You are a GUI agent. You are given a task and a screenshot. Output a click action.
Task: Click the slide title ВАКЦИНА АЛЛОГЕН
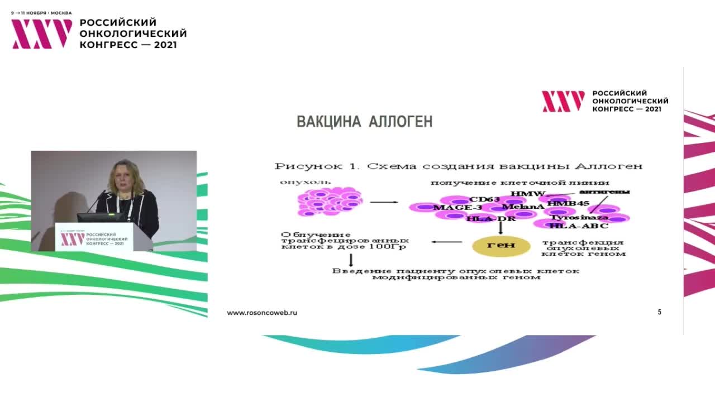[365, 122]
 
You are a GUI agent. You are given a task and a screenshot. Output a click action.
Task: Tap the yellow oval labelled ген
[500, 245]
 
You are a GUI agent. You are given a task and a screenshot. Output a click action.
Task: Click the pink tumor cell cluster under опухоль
[330, 202]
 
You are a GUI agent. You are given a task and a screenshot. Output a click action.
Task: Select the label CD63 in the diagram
[484, 199]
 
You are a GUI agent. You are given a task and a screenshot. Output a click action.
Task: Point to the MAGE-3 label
[457, 208]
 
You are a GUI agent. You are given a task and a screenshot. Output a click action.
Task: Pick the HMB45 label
[568, 204]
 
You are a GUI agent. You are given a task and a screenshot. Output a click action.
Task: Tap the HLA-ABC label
[578, 226]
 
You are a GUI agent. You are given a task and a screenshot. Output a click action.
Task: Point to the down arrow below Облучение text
[351, 260]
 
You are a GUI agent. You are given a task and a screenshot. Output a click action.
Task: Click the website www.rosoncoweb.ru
[262, 313]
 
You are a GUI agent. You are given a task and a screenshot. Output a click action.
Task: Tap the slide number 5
[660, 312]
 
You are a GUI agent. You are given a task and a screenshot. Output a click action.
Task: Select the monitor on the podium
[101, 217]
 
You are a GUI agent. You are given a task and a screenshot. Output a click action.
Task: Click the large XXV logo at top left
[42, 33]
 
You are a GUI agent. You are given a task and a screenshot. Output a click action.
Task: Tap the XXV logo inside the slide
[563, 101]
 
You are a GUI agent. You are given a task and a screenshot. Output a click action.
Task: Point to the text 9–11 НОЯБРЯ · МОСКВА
[41, 12]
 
